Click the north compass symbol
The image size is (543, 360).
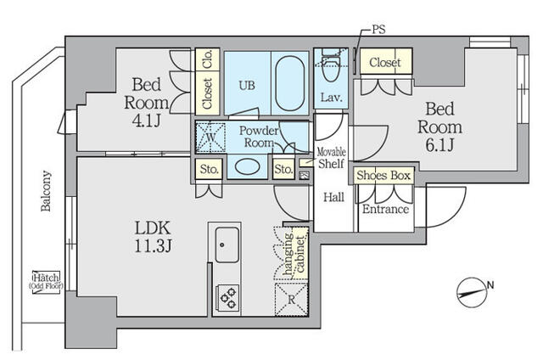click(x=471, y=290)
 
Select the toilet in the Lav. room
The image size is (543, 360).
click(x=331, y=66)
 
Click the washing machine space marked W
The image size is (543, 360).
click(x=210, y=136)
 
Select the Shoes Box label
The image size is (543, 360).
click(x=383, y=176)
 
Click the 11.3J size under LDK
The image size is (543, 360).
click(x=154, y=247)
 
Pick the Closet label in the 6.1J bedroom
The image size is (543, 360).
click(x=385, y=62)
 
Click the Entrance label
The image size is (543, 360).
click(x=386, y=210)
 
